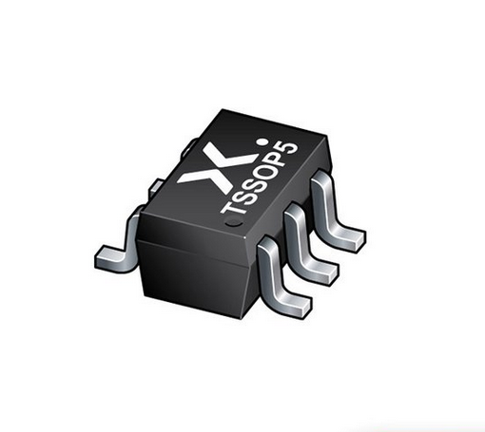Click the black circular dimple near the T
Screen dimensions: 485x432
[233, 222]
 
